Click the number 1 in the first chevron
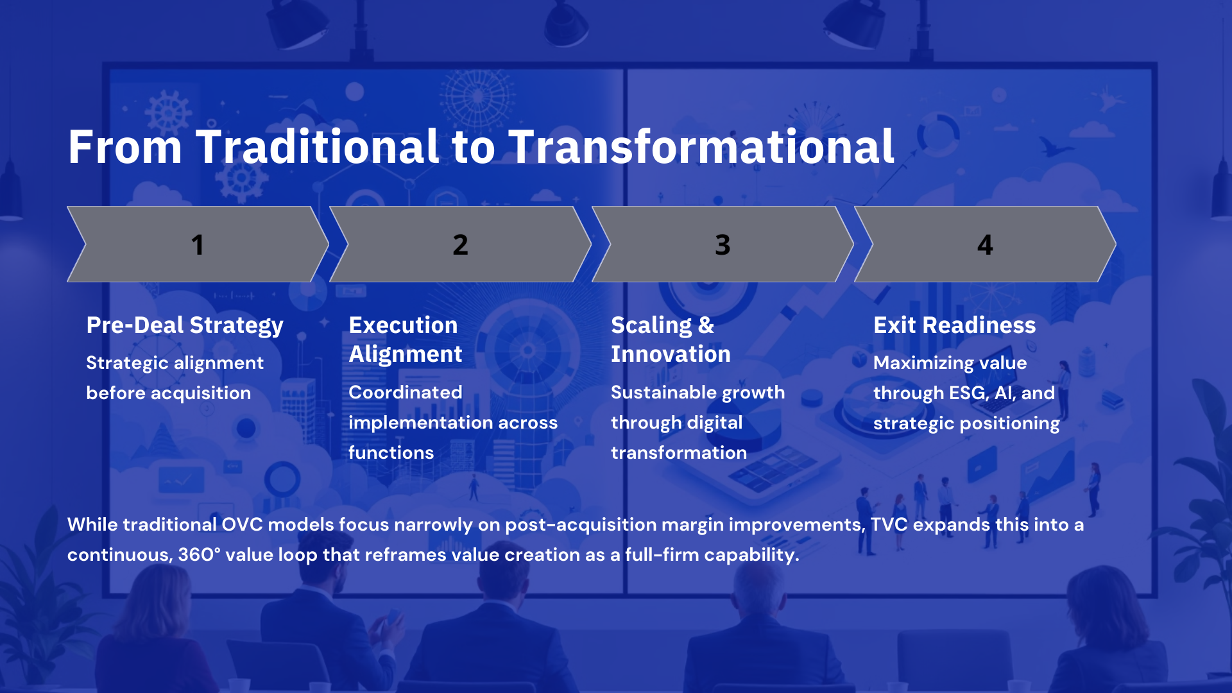tap(198, 244)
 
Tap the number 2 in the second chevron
tap(460, 244)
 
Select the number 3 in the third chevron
tap(723, 244)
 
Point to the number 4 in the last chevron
tap(985, 244)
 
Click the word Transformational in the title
tap(701, 146)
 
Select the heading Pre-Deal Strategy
tap(185, 325)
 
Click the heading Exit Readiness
tap(955, 325)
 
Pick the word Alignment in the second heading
tap(406, 354)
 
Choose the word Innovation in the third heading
tap(671, 354)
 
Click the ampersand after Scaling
tap(706, 325)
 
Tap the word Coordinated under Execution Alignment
tap(406, 392)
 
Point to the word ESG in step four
tap(968, 393)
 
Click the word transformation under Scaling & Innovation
tap(679, 452)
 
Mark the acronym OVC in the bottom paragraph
tap(243, 524)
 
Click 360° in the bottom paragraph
tap(199, 554)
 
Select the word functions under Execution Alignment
tap(391, 452)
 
